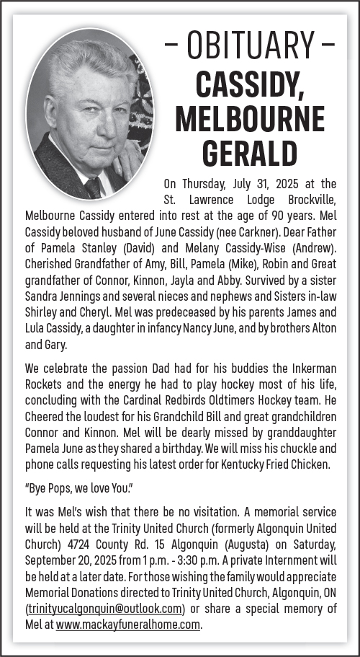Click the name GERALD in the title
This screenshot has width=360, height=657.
point(249,152)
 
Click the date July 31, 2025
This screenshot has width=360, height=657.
point(256,183)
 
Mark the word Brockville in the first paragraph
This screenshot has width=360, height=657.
point(307,199)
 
